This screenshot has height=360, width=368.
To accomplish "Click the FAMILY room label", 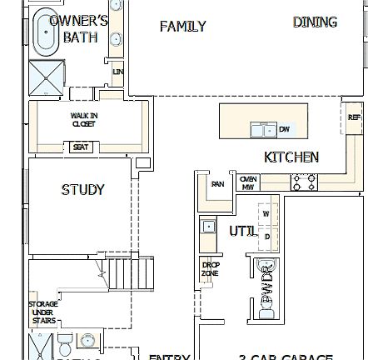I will pos(182,27).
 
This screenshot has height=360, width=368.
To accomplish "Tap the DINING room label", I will pos(315,22).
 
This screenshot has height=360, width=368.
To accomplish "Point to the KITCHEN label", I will pos(291,157).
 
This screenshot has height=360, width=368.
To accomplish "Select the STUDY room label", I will pos(82,190).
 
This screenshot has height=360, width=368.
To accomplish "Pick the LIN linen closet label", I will pos(117,72).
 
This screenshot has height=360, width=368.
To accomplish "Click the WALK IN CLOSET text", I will pos(83,120).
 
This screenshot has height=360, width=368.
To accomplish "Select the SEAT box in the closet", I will pos(81,147).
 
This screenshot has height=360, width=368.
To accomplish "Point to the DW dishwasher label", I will pos(284,129).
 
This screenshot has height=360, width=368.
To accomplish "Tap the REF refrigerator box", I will pos(354,118).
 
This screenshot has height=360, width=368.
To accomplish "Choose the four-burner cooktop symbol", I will pos(304,181).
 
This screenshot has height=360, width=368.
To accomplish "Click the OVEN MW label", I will pos(247,182).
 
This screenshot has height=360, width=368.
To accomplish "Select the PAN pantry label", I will pos(217,185).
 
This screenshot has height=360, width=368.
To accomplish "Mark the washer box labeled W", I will pos(266,214).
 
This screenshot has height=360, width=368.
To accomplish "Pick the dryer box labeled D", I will pos(266,237).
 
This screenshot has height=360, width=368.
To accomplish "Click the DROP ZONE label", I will pos(211,268).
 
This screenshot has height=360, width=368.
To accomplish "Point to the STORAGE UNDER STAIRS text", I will pos(42,312).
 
